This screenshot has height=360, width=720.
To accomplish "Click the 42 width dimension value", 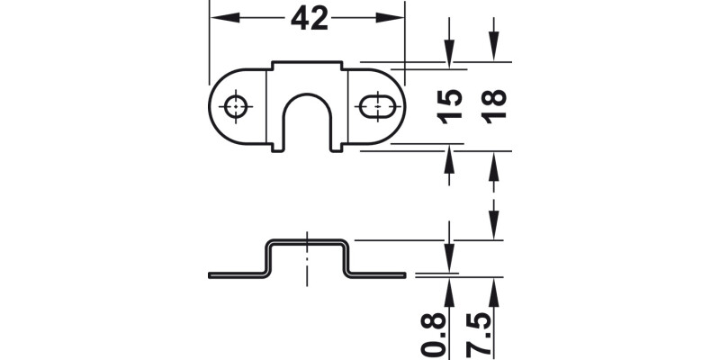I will click(308, 19).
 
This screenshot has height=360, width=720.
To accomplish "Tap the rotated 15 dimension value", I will click(453, 106).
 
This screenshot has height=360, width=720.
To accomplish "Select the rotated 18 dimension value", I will click(494, 106).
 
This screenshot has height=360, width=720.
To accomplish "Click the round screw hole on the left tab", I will click(237, 106).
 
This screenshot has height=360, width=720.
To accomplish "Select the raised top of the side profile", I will click(307, 241).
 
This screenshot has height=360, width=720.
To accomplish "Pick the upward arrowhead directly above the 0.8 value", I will click(450, 285).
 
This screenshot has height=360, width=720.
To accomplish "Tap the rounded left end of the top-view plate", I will click(215, 106).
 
